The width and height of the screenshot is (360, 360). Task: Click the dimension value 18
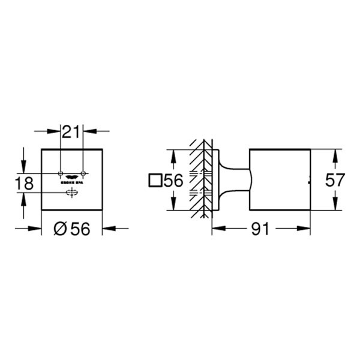25,184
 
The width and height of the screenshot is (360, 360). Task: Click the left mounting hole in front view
61,173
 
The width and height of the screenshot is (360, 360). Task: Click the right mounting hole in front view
83,173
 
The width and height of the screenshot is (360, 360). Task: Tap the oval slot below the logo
72,192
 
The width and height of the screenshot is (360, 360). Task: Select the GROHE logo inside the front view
72,175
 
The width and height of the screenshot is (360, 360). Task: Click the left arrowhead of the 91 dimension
216,229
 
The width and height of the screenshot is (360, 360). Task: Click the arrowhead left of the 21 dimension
56,130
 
